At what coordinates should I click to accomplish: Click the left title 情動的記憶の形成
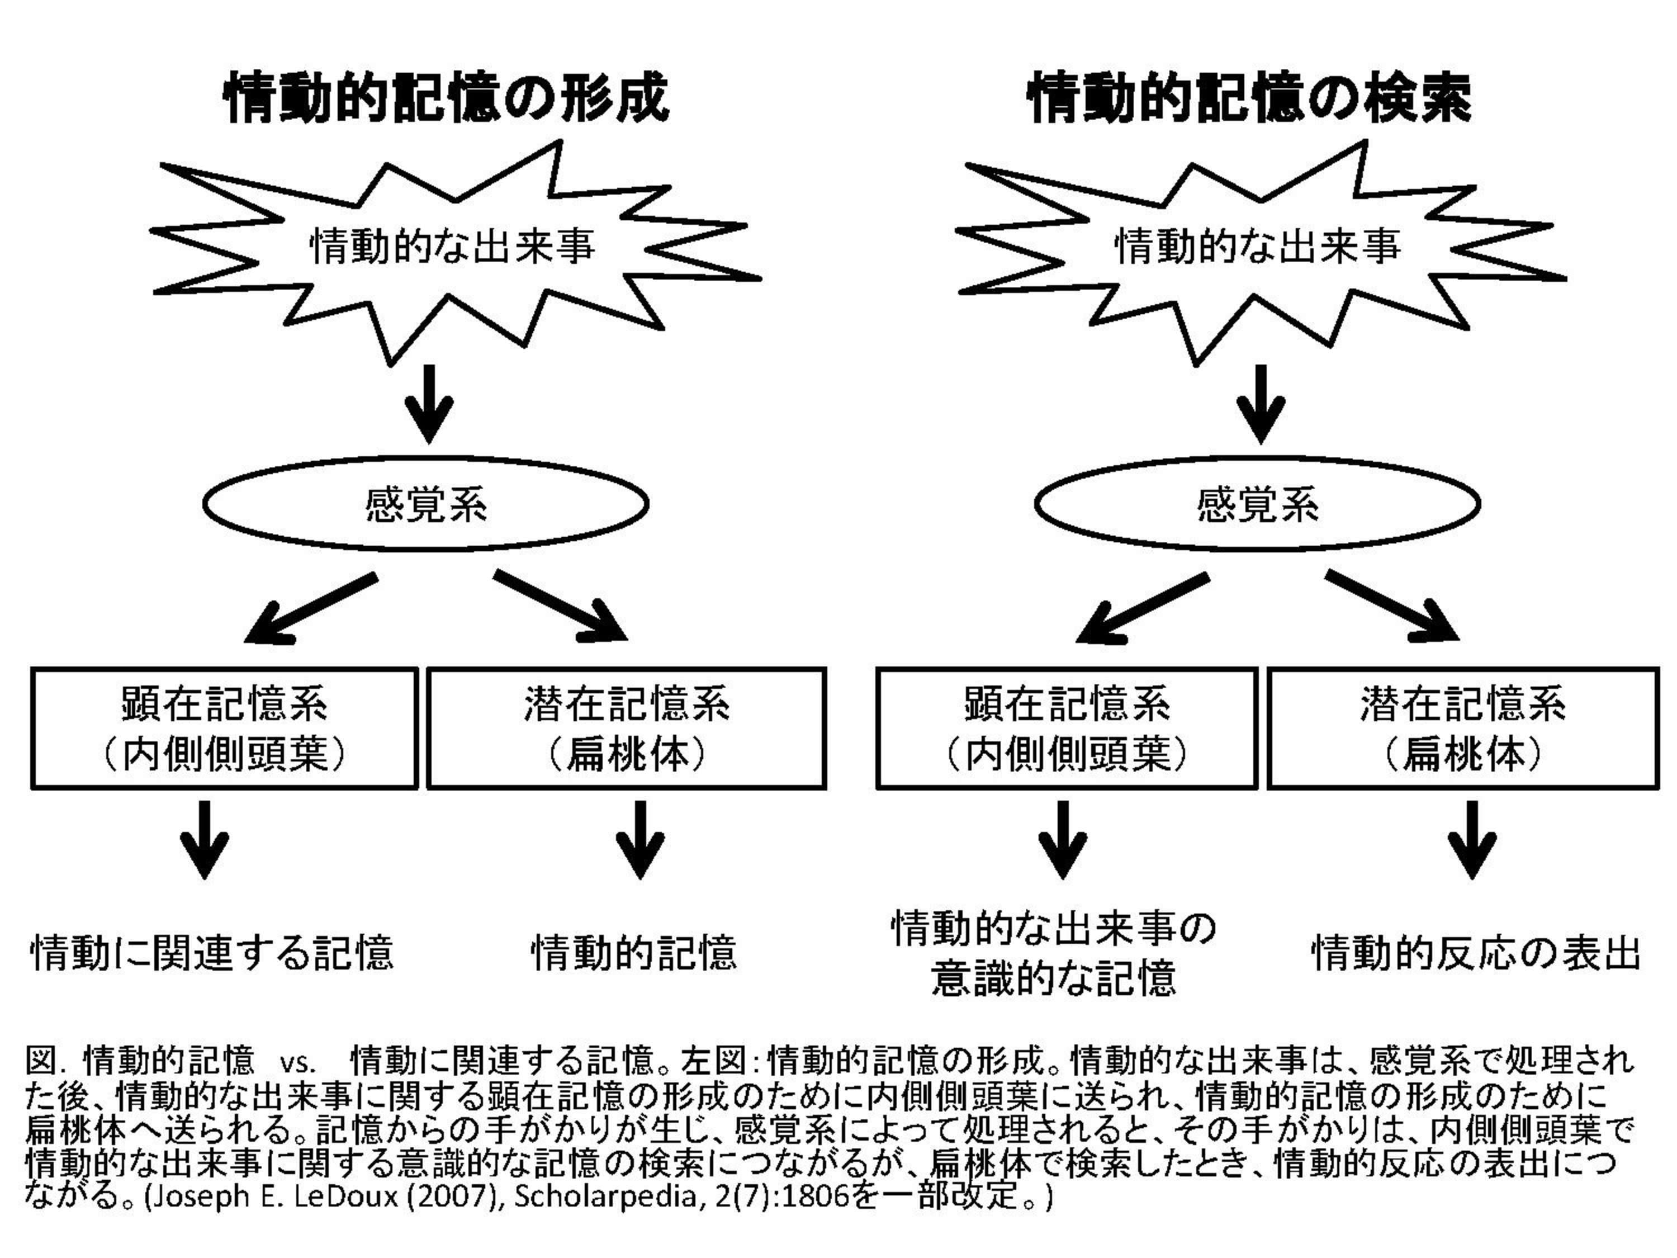point(446,97)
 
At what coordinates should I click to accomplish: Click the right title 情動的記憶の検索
point(1249,97)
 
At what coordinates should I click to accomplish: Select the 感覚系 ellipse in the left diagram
point(425,504)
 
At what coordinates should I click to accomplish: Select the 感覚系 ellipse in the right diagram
point(1257,504)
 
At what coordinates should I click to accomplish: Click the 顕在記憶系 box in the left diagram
point(224,728)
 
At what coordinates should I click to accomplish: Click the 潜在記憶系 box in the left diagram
point(626,728)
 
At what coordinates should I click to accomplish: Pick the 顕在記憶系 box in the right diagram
point(1067,728)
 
